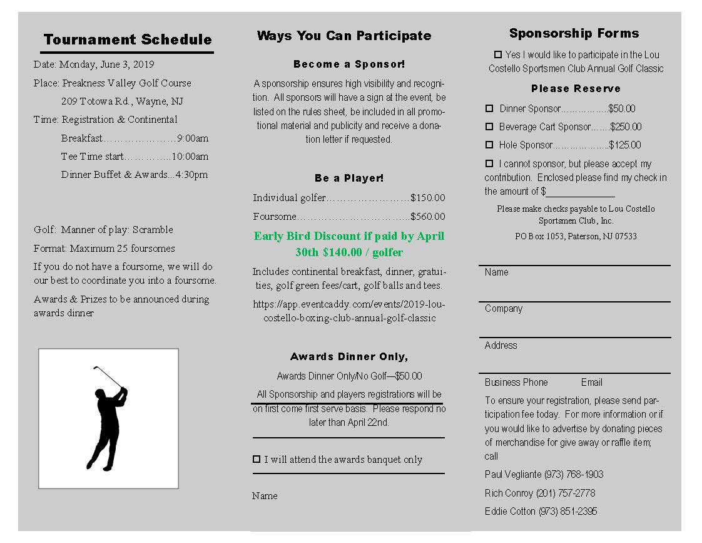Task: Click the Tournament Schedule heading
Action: click(128, 39)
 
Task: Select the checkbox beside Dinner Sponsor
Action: click(489, 108)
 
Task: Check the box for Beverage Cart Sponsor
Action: click(489, 127)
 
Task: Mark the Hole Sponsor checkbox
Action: click(489, 145)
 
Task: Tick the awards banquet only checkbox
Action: click(257, 459)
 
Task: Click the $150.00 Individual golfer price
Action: click(428, 198)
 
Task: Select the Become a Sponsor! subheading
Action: click(349, 65)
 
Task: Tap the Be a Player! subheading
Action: click(349, 178)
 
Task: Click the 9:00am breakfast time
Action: click(193, 138)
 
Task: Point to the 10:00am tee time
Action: click(190, 157)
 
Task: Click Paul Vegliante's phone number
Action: click(574, 475)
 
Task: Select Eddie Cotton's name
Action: click(510, 512)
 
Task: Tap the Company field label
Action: click(503, 309)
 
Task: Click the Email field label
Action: click(591, 382)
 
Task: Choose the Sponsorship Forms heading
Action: click(574, 33)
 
